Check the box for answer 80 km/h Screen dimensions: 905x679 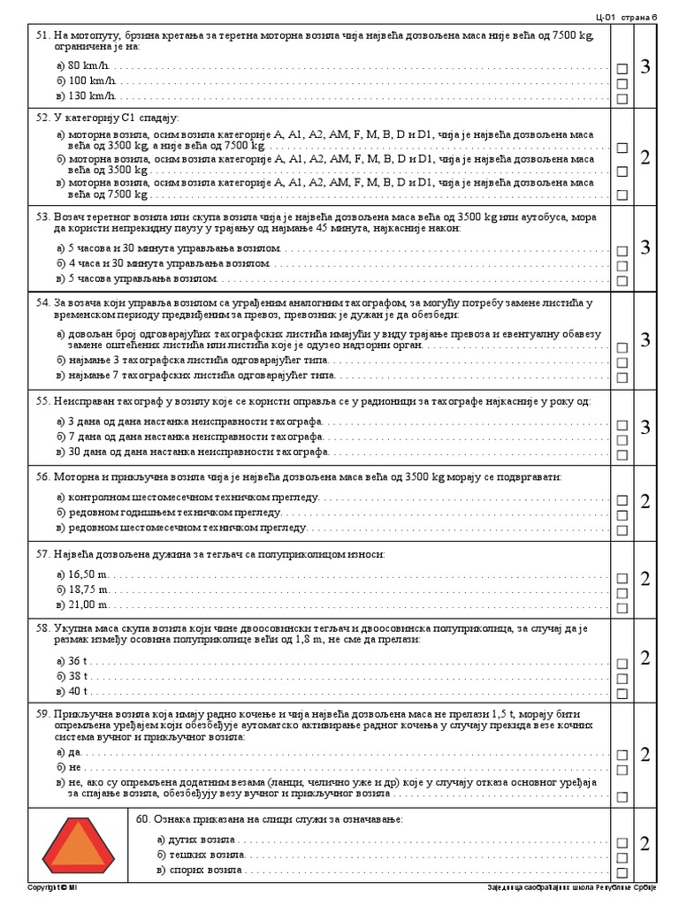(622, 68)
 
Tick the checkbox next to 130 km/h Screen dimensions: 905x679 (622, 99)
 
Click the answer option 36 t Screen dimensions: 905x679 (80, 660)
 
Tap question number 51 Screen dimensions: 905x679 (42, 34)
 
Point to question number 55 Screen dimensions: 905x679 (42, 401)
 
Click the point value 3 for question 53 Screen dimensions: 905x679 (645, 247)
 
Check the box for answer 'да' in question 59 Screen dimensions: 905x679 (622, 756)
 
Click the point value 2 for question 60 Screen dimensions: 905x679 (645, 844)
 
